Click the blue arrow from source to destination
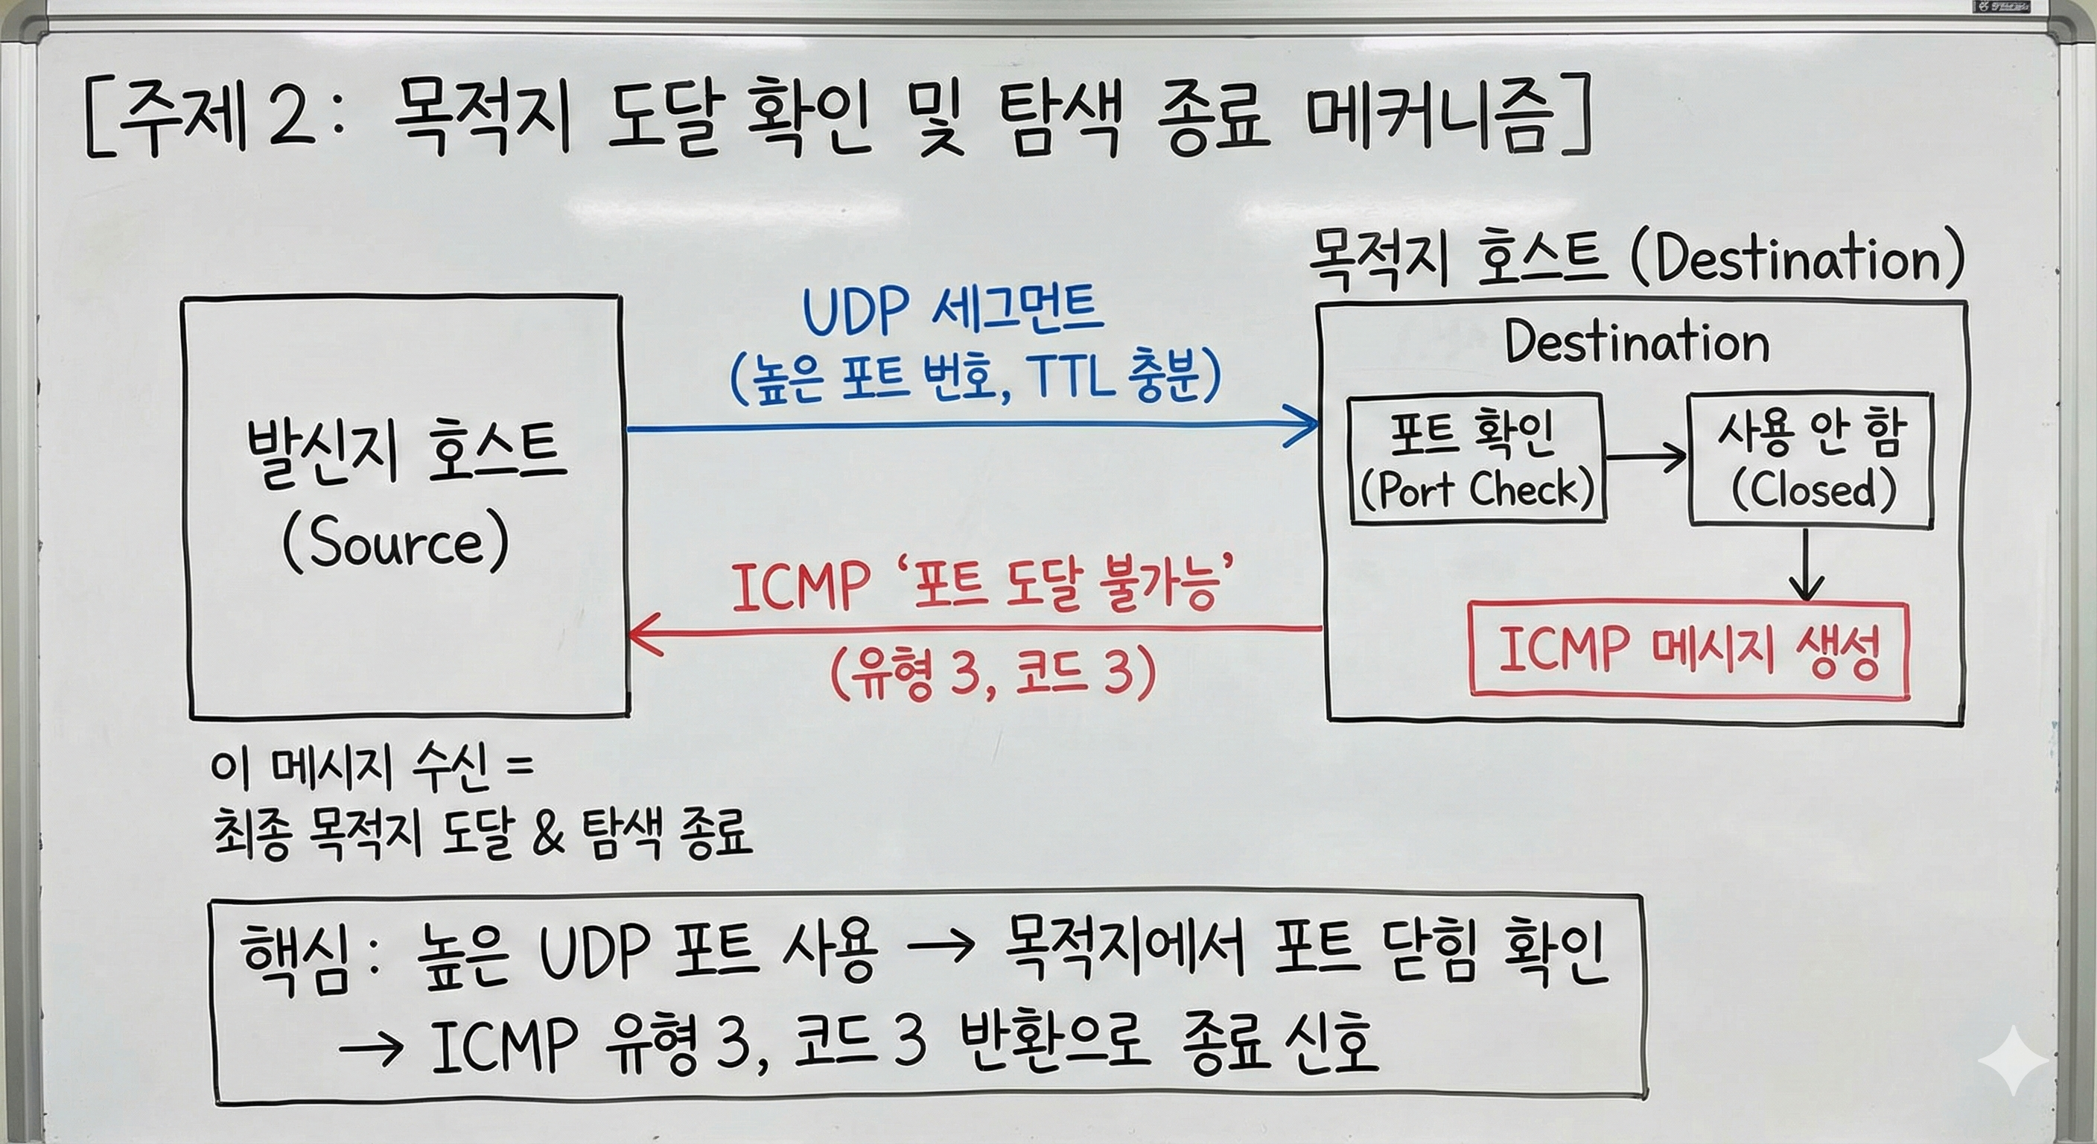[973, 426]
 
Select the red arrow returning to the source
[975, 629]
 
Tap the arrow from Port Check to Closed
[1646, 457]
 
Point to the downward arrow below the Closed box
[1807, 565]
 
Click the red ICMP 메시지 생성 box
[1690, 649]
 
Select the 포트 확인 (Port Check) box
[1476, 458]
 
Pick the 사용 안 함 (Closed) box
[1811, 460]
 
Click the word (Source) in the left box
[395, 543]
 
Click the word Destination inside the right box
[1637, 342]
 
